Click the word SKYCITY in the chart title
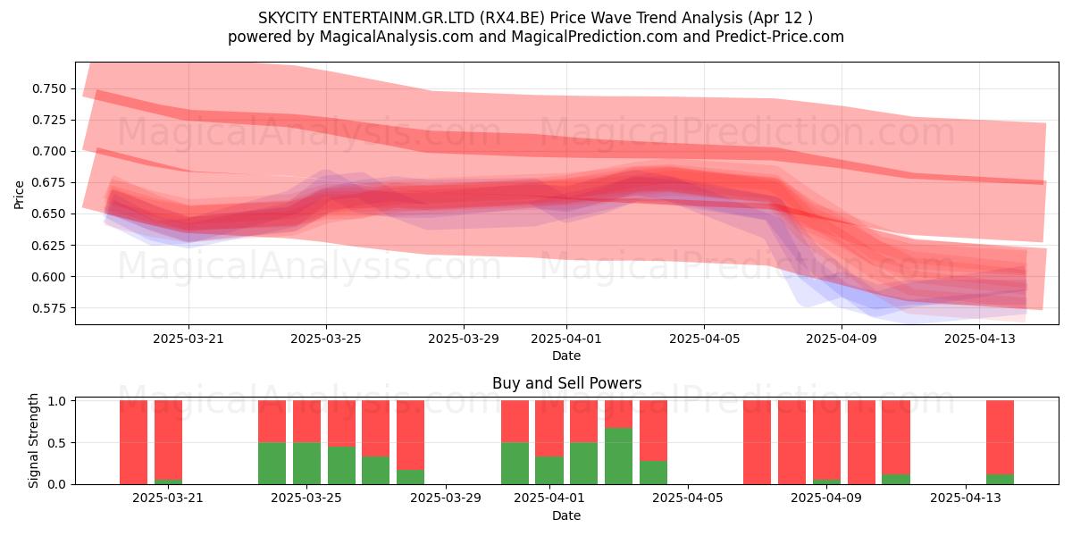(x=288, y=18)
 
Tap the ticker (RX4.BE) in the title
(x=512, y=18)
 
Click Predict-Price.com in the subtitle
(x=780, y=37)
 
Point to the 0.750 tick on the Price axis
(x=49, y=88)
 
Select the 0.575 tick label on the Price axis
(x=49, y=307)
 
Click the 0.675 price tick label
(x=49, y=182)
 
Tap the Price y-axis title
(x=19, y=195)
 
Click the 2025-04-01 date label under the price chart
(x=566, y=339)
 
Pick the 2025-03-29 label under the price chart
(x=464, y=339)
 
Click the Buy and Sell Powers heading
(x=566, y=383)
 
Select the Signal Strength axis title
(x=33, y=440)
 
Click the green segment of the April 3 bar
(x=618, y=456)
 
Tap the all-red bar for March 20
(x=133, y=442)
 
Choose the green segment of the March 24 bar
(x=272, y=464)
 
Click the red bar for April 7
(x=758, y=442)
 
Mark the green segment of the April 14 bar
(x=1001, y=479)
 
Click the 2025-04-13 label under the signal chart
(x=966, y=498)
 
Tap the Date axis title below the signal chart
(x=566, y=515)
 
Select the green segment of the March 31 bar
(x=515, y=464)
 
